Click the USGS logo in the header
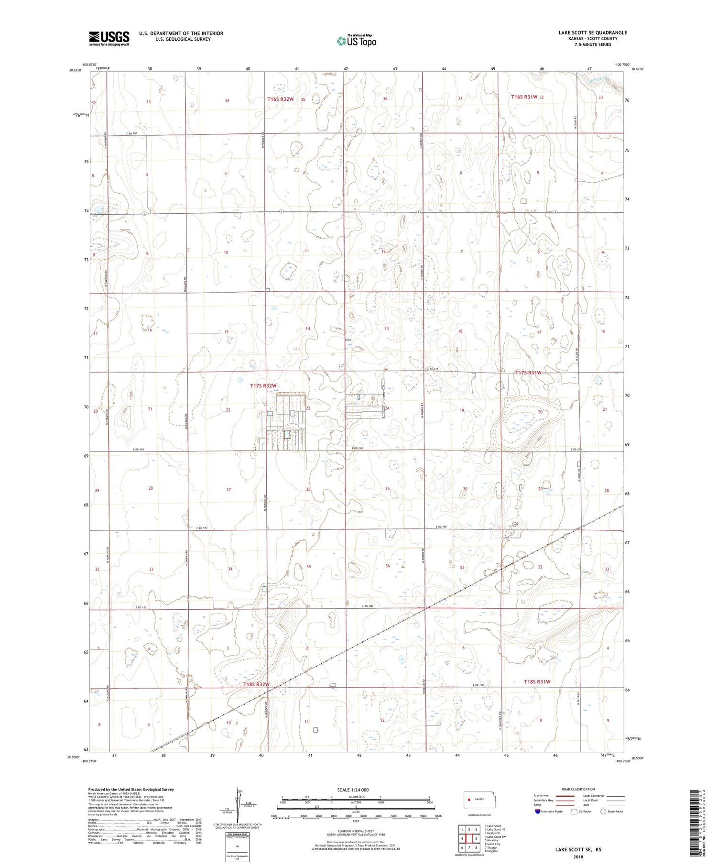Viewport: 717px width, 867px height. coord(109,38)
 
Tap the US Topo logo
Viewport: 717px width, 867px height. coord(356,41)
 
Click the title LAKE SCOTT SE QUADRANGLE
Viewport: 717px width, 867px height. coord(592,33)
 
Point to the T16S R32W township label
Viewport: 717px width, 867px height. coord(280,99)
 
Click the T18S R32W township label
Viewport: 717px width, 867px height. coord(256,684)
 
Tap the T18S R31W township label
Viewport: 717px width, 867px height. coord(537,681)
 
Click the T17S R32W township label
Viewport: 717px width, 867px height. coord(263,385)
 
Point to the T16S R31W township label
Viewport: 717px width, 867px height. coord(524,97)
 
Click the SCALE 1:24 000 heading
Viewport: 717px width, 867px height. coord(353,790)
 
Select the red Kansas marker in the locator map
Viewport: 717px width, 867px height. coord(470,799)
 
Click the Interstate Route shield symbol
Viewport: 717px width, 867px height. coord(538,812)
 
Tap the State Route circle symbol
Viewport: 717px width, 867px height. coord(603,811)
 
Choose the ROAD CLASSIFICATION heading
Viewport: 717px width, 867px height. coord(578,789)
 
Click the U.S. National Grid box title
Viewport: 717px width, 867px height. coord(237,834)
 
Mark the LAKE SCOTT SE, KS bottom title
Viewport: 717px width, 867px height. coord(578,850)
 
